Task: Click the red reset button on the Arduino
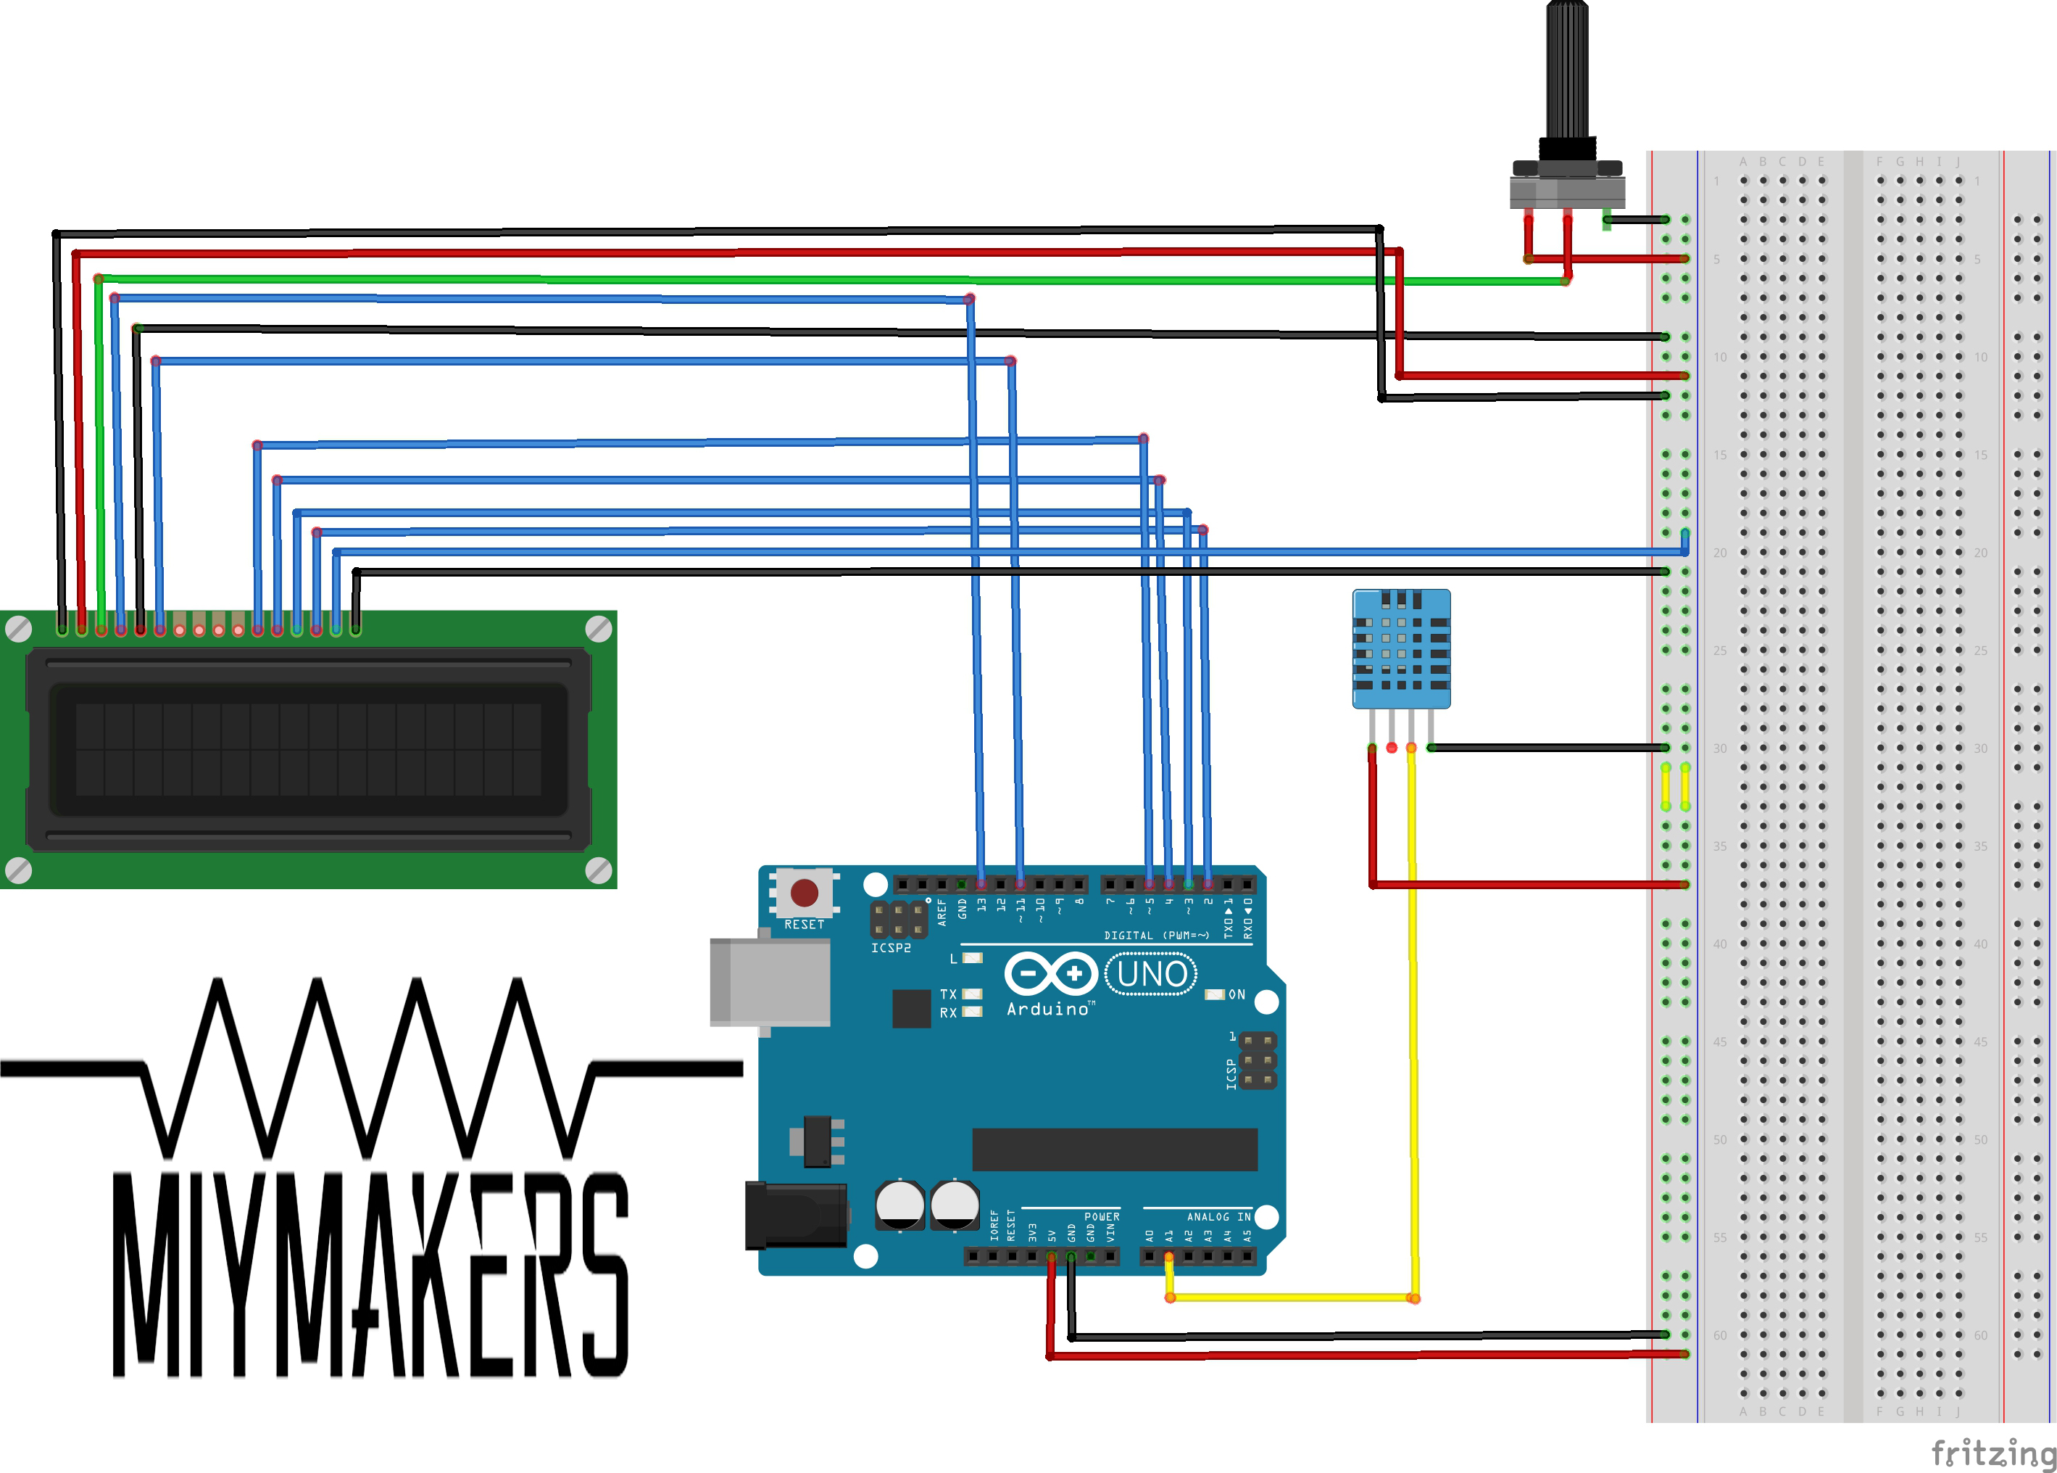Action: (804, 893)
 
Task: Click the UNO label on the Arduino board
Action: (1151, 974)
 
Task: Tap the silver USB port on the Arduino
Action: (770, 982)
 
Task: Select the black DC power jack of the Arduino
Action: (795, 1216)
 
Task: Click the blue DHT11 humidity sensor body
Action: (1400, 648)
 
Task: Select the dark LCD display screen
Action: (308, 748)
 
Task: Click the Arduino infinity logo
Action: (1051, 974)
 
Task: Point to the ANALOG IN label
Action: (1218, 1217)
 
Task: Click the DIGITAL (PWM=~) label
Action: (1156, 935)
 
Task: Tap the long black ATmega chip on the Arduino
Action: (1114, 1150)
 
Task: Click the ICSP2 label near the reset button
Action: (890, 948)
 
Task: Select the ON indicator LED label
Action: (1237, 995)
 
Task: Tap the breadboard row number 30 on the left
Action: (1720, 748)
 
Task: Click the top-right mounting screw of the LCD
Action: (599, 627)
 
